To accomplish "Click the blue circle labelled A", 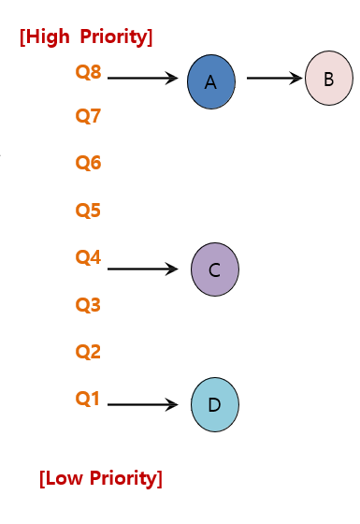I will pos(210,82).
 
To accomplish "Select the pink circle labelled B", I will pos(328,79).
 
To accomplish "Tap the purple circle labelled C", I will pos(214,270).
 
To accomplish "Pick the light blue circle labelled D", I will pos(214,405).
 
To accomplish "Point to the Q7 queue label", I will pos(88,117).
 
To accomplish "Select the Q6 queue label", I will pos(88,164).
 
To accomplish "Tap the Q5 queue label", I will pos(88,211).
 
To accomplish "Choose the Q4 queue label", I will pos(88,256).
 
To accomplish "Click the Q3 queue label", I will pos(88,305).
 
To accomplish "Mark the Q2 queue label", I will pos(88,352).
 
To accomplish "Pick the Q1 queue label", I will pos(88,399).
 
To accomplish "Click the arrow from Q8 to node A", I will pos(142,79).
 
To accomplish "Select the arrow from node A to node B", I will pos(275,79).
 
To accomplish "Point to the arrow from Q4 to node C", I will pos(142,269).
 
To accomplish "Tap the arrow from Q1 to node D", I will pos(142,404).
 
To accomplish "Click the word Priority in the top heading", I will pos(116,37).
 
